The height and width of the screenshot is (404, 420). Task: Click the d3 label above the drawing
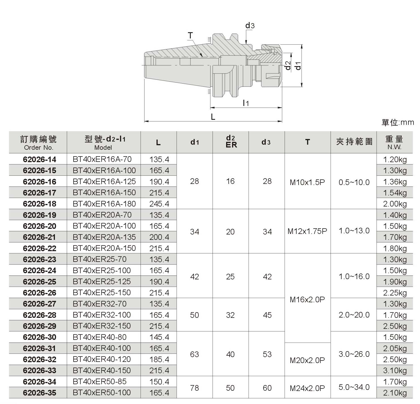250,26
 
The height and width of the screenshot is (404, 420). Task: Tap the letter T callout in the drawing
190,36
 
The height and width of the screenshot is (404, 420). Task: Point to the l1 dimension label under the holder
246,103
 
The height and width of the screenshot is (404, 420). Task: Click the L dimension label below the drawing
213,117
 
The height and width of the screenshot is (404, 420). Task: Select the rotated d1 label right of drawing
298,66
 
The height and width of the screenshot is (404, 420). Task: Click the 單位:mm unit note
398,122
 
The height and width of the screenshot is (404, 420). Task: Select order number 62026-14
40,159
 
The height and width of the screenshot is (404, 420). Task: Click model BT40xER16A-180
104,204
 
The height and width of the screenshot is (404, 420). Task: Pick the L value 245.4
159,204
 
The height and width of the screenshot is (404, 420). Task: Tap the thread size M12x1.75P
307,231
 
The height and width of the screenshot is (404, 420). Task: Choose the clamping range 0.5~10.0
354,183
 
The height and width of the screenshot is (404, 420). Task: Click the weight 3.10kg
395,371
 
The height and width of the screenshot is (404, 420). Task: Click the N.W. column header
394,147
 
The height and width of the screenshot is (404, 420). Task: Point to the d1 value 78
194,388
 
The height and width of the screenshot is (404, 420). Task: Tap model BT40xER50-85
100,382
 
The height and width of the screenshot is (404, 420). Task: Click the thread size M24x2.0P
307,388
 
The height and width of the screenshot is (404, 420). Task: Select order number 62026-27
40,304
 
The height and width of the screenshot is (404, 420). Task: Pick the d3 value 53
267,355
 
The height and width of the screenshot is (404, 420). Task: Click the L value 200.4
159,237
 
